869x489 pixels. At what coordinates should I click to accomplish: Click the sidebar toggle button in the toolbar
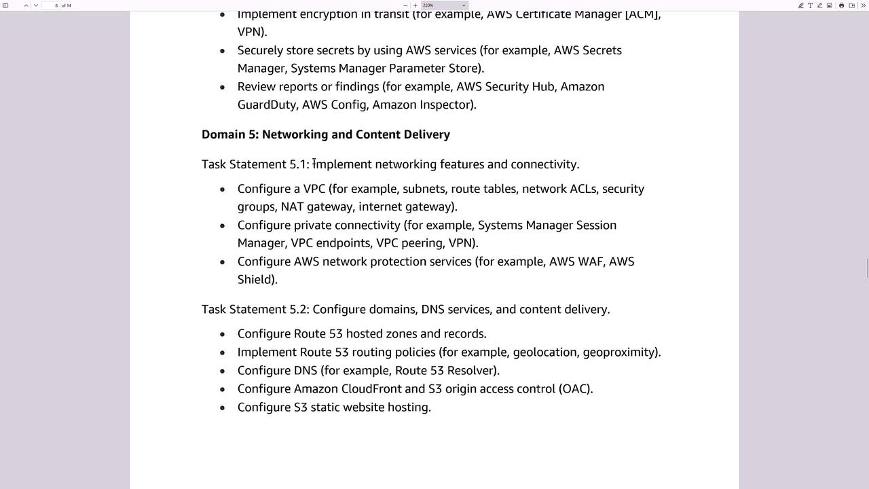tap(5, 5)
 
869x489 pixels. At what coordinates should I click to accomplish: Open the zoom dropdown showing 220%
tap(444, 5)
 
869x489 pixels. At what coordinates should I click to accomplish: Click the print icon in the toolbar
tap(841, 5)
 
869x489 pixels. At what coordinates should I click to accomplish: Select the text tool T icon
tap(810, 5)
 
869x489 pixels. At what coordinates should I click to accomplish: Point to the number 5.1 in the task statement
tap(297, 164)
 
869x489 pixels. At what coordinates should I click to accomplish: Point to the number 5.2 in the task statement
tap(297, 310)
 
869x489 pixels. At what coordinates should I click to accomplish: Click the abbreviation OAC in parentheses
tap(574, 389)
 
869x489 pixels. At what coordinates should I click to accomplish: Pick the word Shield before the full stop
tap(255, 280)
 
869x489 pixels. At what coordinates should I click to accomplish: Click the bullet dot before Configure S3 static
tap(222, 407)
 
